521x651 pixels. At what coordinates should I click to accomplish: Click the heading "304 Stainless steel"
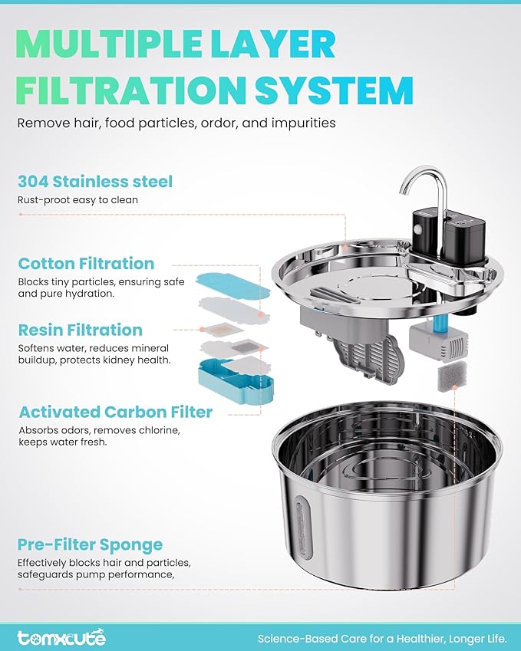94,182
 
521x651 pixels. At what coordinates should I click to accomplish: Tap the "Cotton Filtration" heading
86,263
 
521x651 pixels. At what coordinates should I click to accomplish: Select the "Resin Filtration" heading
81,330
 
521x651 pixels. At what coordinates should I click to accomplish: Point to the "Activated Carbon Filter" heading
116,412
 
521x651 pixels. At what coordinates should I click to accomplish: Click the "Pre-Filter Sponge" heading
90,544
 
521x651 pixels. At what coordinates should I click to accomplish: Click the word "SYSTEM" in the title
334,90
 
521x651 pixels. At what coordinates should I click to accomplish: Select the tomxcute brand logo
61,637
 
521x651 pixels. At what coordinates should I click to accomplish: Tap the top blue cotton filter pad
232,284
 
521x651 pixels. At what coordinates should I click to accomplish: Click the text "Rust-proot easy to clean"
77,199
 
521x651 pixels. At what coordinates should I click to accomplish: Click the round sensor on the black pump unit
417,229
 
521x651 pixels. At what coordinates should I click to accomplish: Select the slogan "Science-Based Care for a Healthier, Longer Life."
382,638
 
